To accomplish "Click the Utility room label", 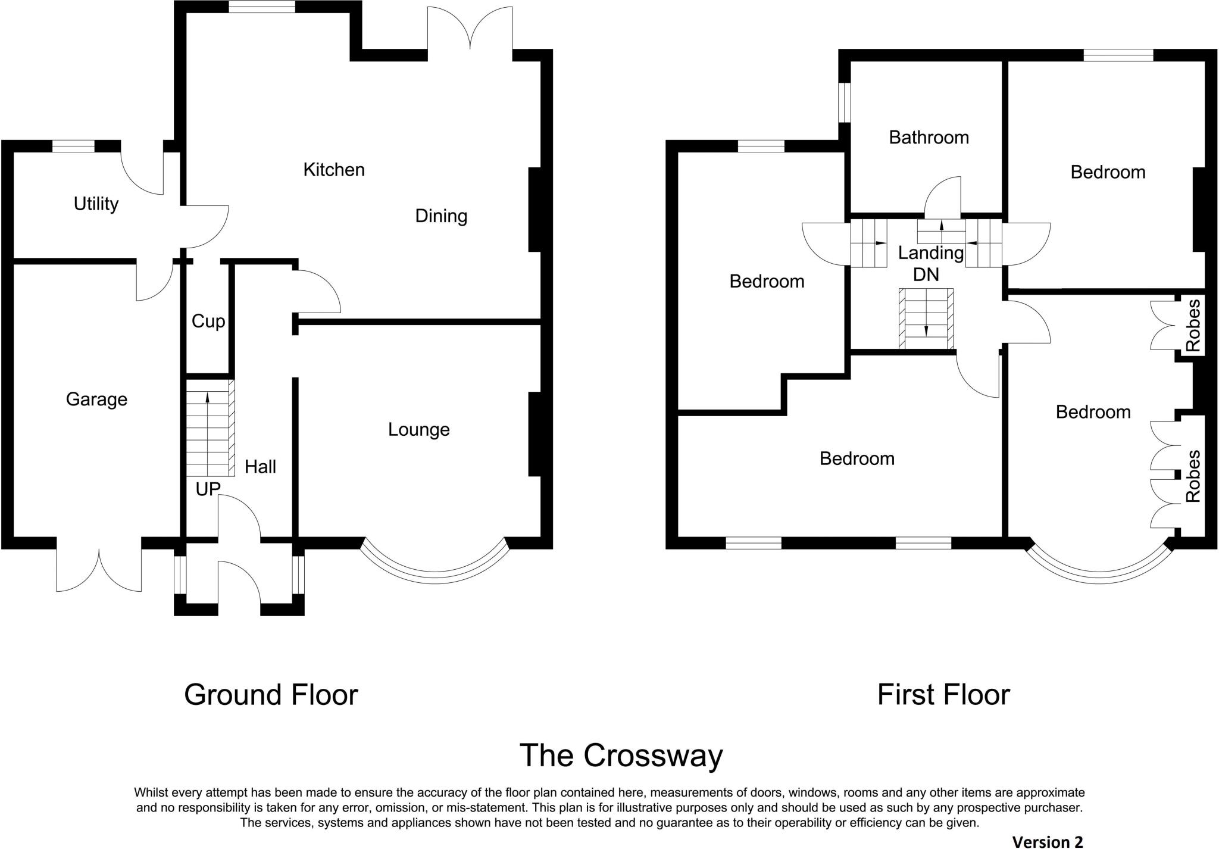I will click(x=96, y=204).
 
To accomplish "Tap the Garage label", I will click(x=96, y=399).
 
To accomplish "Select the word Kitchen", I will click(x=333, y=170).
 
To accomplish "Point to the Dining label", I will click(x=440, y=216).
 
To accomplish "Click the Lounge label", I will click(x=418, y=429).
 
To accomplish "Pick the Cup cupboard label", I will click(x=208, y=322).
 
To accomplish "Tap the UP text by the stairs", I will click(x=208, y=489).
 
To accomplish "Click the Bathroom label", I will click(x=929, y=138).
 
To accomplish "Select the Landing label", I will click(x=930, y=253).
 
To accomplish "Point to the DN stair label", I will click(x=926, y=274).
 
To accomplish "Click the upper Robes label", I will click(x=1193, y=324).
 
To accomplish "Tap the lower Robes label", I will click(x=1193, y=476).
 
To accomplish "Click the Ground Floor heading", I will click(x=271, y=695).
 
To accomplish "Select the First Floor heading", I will click(x=943, y=695).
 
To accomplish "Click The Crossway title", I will click(x=621, y=756).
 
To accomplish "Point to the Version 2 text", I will click(x=1047, y=841).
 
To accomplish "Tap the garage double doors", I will click(x=99, y=569).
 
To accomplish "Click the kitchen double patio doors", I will click(x=470, y=30).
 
